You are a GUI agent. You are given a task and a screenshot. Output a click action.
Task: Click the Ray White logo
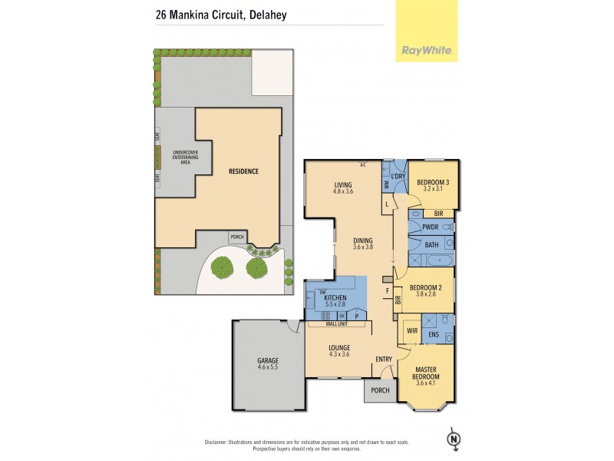pos(427,51)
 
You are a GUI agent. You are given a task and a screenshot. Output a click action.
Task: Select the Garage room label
pos(268,364)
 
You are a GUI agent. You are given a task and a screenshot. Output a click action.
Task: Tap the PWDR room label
pos(431,228)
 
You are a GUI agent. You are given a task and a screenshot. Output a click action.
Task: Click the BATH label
pos(431,245)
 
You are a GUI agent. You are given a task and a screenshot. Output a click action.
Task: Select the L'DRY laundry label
pos(398,177)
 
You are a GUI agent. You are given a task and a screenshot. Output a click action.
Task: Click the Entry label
pos(384,360)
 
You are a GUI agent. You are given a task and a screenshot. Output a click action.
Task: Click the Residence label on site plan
pos(243,171)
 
